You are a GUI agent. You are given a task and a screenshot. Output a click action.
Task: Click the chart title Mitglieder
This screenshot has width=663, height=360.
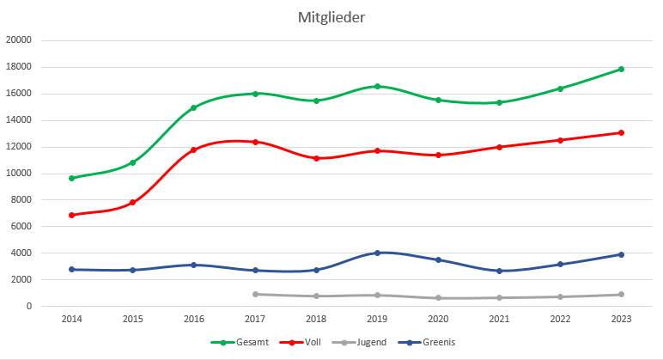point(331,17)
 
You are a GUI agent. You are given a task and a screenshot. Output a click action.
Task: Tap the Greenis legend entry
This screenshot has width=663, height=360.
point(434,342)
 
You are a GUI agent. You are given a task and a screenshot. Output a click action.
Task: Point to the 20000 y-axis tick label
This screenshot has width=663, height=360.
point(18,40)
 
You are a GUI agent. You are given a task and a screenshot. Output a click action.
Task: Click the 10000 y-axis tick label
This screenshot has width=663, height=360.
point(18,174)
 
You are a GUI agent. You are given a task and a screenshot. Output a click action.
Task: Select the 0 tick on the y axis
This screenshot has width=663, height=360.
point(28,307)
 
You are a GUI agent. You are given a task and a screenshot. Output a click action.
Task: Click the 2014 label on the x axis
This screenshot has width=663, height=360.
point(72,320)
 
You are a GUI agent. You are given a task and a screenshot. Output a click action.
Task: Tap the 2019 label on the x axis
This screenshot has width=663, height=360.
point(377,320)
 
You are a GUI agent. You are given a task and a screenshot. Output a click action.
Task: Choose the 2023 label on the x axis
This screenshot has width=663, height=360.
point(621,320)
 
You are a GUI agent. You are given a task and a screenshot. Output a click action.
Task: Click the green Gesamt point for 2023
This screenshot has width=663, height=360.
point(621,69)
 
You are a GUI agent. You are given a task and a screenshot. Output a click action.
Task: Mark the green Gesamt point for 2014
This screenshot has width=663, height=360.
point(72,178)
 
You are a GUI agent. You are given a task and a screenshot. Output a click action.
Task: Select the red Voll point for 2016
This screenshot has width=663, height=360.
point(194,149)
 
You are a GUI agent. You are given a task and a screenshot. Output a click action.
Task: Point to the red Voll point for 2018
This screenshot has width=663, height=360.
point(316,158)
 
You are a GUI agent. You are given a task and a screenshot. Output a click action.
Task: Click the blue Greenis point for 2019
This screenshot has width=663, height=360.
point(377,253)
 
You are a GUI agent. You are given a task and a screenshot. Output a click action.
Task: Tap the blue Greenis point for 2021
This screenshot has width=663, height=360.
point(499,271)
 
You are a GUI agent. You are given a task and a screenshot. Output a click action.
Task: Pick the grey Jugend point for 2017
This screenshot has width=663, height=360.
point(255,294)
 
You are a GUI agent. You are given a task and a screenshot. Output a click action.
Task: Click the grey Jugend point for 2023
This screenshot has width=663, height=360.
point(621,295)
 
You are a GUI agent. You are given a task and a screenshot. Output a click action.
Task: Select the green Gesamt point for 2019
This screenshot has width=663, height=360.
point(377,86)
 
